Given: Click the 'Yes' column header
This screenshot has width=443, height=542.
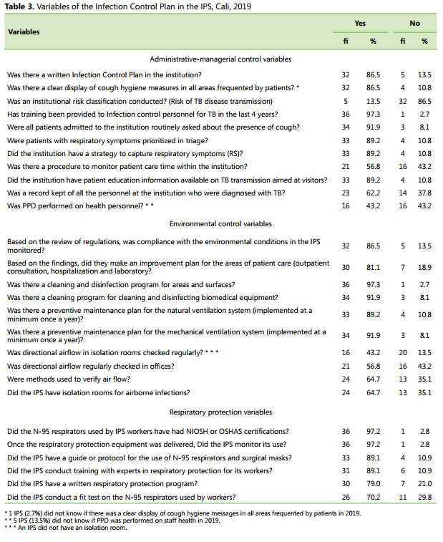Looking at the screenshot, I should [x=360, y=24].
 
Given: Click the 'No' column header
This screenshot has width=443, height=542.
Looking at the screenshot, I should [x=414, y=24].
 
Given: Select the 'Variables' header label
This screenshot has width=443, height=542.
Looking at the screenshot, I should [x=24, y=32].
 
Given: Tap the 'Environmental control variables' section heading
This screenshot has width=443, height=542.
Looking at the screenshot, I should [x=220, y=224].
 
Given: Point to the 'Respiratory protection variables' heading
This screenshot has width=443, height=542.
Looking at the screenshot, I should [x=220, y=412].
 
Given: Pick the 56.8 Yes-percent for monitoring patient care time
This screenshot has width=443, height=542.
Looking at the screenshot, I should [x=373, y=167].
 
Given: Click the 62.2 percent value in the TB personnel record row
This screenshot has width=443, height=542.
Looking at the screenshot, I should [x=373, y=193].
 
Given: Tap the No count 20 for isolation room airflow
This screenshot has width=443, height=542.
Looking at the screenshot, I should [x=403, y=353].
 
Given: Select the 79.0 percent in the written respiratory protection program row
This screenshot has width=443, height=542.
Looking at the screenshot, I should [x=373, y=484].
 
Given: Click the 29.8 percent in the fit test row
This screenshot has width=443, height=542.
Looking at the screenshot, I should [x=424, y=497].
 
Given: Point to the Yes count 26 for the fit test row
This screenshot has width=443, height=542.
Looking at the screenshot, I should [x=346, y=497].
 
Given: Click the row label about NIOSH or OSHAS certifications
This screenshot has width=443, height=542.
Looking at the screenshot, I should [x=147, y=432].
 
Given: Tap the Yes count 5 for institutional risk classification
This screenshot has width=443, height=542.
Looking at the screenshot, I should [x=346, y=101].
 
